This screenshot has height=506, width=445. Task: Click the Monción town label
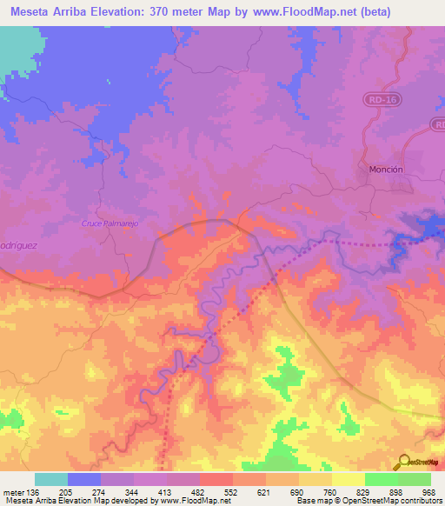386,170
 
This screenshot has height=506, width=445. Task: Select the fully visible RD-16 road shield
375,101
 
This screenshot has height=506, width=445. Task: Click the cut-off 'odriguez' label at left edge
16,245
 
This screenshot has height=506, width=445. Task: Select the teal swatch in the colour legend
51,479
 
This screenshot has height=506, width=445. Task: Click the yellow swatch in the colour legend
349,479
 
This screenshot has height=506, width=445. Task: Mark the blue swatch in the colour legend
84,479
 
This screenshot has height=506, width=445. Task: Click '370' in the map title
164,12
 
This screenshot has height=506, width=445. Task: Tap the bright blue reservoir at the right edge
426,228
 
